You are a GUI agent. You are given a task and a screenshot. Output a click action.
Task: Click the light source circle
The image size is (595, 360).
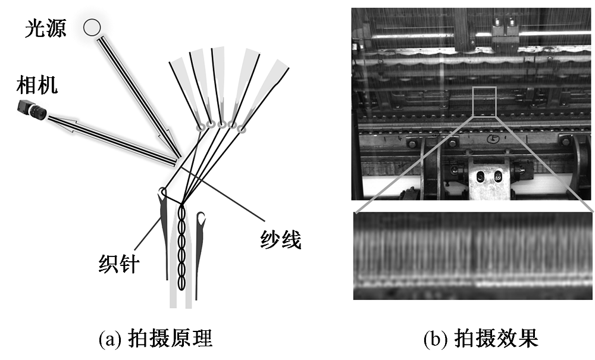pyautogui.click(x=91, y=26)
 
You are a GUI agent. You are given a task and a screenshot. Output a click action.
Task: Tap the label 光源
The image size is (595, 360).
pyautogui.click(x=45, y=27)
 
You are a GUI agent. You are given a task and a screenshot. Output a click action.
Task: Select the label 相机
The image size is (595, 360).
pyautogui.click(x=37, y=86)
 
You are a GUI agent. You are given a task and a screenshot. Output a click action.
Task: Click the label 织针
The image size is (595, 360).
pyautogui.click(x=119, y=262)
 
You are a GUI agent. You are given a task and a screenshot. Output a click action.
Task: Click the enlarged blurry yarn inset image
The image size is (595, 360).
pyautogui.click(x=473, y=256)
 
